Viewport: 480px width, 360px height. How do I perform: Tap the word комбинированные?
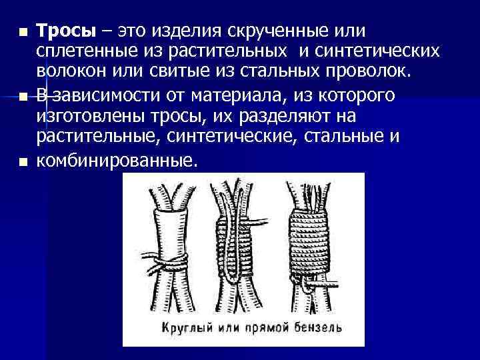116,161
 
